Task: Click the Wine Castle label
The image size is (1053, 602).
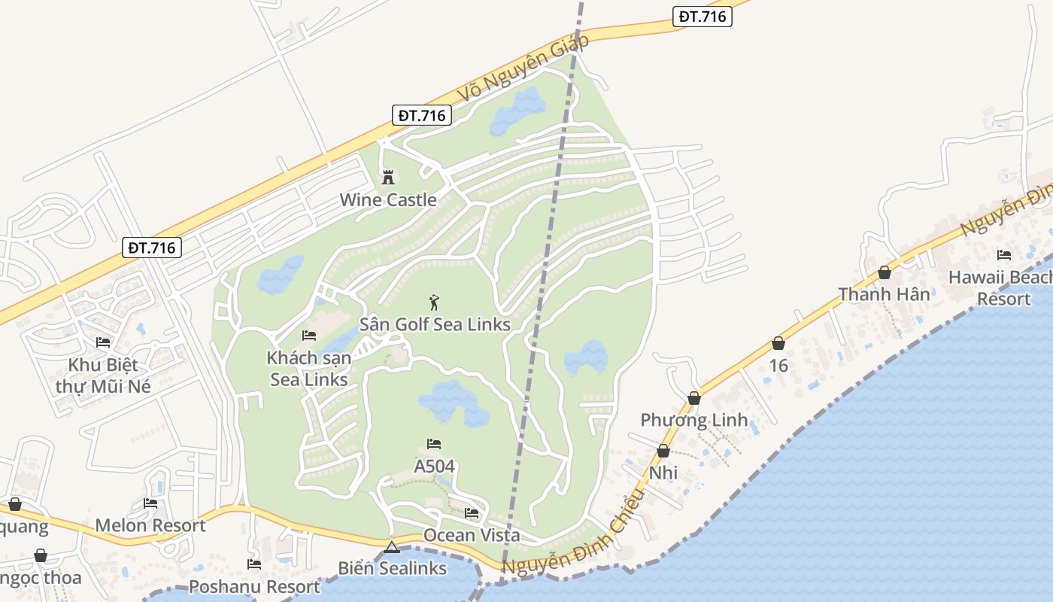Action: click(388, 199)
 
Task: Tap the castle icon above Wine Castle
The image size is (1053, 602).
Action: click(388, 178)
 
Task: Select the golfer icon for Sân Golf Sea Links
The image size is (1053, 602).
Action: click(434, 303)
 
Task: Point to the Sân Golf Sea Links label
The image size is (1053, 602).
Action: click(435, 324)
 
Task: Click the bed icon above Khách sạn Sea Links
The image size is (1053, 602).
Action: click(309, 336)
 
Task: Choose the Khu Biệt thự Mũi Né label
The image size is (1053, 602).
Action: click(103, 375)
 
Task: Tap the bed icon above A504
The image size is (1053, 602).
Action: click(434, 444)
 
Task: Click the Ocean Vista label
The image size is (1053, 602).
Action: click(472, 535)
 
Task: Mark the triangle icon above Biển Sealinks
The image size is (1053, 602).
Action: click(391, 547)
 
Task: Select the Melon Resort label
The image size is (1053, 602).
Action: click(150, 525)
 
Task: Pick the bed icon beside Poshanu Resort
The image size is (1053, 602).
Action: click(254, 564)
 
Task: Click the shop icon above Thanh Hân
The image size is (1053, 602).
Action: click(885, 272)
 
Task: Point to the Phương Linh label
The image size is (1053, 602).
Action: click(694, 419)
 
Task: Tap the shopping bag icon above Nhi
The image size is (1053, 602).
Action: click(663, 451)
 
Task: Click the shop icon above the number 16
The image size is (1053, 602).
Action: click(778, 344)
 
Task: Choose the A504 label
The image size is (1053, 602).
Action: click(435, 466)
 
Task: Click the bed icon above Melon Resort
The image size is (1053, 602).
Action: click(150, 503)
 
